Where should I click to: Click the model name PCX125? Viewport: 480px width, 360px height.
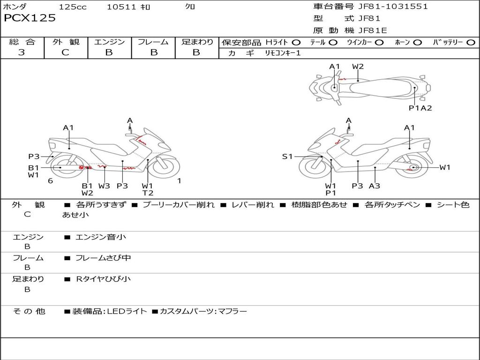click(30, 18)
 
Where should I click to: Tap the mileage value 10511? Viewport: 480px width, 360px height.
click(121, 7)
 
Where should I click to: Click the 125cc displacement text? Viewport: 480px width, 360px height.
click(73, 7)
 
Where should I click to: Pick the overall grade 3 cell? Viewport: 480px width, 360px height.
click(22, 52)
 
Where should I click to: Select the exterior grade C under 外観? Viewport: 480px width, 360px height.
click(66, 52)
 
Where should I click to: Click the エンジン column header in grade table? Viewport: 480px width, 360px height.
click(109, 42)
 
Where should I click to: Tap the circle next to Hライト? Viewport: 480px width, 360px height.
click(296, 43)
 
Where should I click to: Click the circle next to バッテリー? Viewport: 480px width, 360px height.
click(471, 43)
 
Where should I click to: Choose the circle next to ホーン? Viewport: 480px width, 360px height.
click(417, 43)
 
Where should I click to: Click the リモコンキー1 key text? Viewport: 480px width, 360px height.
click(283, 53)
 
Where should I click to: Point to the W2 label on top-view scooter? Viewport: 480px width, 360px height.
click(358, 67)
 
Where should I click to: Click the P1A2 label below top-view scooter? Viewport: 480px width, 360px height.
click(420, 108)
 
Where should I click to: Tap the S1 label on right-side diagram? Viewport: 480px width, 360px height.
click(287, 157)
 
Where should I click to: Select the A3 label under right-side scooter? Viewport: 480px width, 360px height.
click(374, 186)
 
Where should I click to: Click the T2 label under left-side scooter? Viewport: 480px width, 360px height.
click(148, 193)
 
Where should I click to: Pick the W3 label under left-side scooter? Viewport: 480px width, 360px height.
click(104, 186)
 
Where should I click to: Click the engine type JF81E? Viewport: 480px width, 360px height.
click(373, 30)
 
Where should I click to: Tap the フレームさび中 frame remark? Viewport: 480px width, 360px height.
click(103, 258)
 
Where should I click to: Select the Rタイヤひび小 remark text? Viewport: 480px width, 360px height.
click(103, 279)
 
